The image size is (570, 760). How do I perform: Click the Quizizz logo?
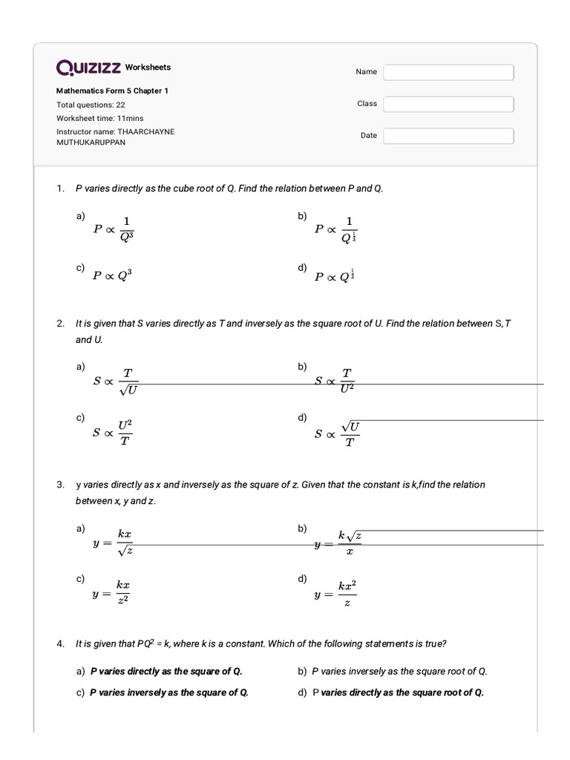pyautogui.click(x=88, y=68)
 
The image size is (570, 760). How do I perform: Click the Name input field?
pyautogui.click(x=448, y=72)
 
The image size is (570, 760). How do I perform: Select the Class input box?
pyautogui.click(x=448, y=104)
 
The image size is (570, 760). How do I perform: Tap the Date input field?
pyautogui.click(x=448, y=136)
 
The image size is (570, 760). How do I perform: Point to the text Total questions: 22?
pyautogui.click(x=91, y=105)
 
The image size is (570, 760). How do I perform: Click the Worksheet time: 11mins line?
pyautogui.click(x=100, y=118)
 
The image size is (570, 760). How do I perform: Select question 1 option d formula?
pyautogui.click(x=335, y=276)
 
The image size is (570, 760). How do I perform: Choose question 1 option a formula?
pyautogui.click(x=114, y=229)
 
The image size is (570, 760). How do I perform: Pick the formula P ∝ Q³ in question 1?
pyautogui.click(x=112, y=275)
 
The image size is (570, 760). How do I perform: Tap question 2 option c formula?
pyautogui.click(x=113, y=434)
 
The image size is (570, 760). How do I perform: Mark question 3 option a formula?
pyautogui.click(x=114, y=543)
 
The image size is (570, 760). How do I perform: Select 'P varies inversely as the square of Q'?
pyautogui.click(x=168, y=692)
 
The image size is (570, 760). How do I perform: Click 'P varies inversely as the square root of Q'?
pyautogui.click(x=399, y=672)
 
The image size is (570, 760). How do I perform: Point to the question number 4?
pyautogui.click(x=60, y=644)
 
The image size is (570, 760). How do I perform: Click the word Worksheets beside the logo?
pyautogui.click(x=148, y=68)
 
